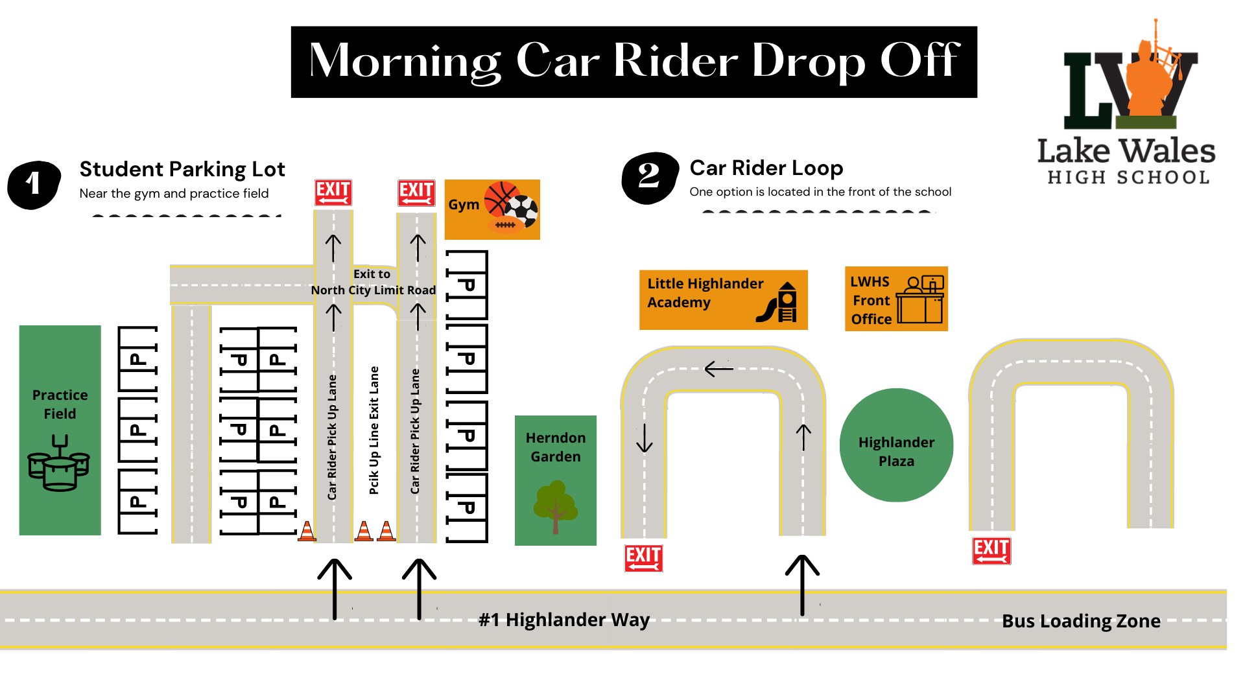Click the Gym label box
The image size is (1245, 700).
pos(492,209)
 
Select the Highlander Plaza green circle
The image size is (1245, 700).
pos(896,445)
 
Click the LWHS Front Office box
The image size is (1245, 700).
pos(895,299)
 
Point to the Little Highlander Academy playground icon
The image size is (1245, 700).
pos(778,303)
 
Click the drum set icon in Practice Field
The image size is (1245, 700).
pos(59,463)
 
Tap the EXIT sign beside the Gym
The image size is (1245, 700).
pos(416,193)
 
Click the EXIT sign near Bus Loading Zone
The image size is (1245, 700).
pos(991,551)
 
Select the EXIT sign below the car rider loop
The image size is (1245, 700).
pos(643,558)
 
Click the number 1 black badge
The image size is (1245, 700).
pos(34,185)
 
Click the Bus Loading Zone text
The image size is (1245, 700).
pos(1080,621)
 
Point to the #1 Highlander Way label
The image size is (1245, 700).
pos(563,620)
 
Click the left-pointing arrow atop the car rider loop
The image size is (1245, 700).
pos(718,369)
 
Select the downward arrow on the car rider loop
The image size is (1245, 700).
pos(644,438)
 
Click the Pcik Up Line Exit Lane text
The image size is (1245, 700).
pos(373,430)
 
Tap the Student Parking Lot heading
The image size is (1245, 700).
pos(182,169)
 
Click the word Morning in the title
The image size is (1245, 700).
pos(405,61)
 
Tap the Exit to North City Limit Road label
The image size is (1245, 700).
pos(373,283)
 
